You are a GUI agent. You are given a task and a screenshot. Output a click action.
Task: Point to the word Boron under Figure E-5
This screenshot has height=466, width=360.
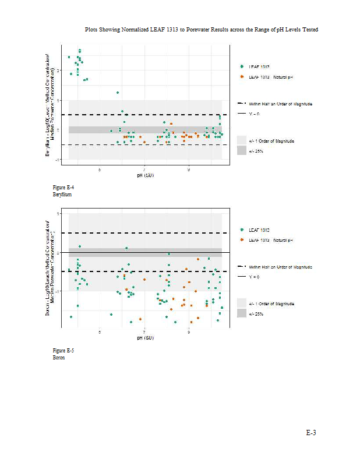point(59,358)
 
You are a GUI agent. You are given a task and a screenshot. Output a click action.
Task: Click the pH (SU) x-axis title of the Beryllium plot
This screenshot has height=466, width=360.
point(145,175)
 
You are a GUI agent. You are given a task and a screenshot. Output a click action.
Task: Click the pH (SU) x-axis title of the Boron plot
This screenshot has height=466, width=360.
point(145,338)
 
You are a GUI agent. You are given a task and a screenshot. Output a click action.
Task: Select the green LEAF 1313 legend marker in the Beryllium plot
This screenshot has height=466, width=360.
point(242,67)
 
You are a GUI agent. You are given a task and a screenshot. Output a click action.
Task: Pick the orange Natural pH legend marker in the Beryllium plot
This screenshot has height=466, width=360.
point(242,77)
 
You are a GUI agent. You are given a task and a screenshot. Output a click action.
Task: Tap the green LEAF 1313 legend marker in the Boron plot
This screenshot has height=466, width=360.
point(242,230)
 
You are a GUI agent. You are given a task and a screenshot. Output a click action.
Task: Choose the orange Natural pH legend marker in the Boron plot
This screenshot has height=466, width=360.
point(242,240)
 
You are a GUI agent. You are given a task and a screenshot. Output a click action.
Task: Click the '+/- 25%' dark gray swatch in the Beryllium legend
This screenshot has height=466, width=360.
point(242,151)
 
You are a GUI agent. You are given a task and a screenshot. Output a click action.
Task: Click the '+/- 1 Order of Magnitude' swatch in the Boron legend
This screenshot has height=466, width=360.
point(242,303)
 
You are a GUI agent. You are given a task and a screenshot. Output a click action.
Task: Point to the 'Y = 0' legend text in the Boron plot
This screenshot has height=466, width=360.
point(254,277)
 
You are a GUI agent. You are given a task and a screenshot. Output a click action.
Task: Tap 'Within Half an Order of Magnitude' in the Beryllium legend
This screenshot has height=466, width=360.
point(281,104)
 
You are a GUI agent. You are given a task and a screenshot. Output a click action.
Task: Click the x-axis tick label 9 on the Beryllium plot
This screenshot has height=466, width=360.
point(189,170)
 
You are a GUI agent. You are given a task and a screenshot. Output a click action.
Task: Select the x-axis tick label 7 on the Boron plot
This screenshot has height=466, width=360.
point(144,333)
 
